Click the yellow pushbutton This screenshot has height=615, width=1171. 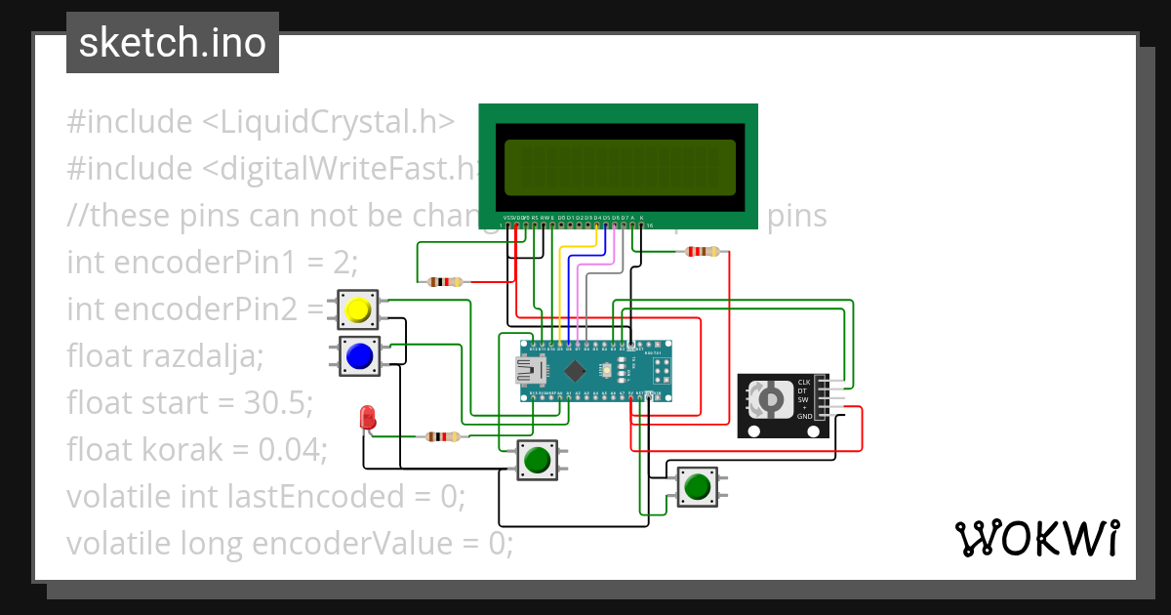pos(358,310)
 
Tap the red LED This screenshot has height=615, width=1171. pos(368,418)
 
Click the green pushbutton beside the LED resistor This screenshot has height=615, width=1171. pos(536,459)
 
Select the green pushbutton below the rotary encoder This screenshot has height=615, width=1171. pos(697,485)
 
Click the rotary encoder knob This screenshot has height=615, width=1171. pos(770,400)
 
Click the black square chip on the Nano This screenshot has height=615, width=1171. pos(577,371)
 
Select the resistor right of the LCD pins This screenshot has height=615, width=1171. pos(704,252)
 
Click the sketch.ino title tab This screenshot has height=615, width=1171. pos(172,43)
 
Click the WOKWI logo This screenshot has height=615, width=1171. pos(1036,537)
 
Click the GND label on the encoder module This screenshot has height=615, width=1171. pos(804,417)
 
